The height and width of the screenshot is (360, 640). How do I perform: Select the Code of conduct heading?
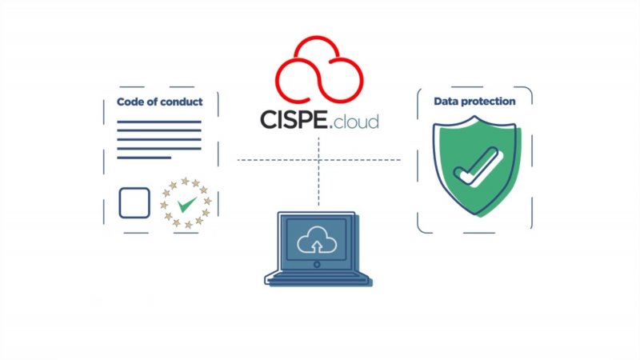coord(159,102)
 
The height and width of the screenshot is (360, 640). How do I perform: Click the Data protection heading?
coord(474,102)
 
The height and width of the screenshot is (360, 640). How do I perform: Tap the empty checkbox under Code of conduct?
coord(134,202)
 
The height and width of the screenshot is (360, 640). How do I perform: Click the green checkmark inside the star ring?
coord(187,204)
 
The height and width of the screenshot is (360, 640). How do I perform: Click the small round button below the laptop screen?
coord(317,264)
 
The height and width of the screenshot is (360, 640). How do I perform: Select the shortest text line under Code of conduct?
coord(144,157)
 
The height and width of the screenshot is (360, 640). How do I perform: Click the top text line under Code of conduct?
coord(158,122)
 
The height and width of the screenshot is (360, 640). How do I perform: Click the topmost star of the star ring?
coord(186,181)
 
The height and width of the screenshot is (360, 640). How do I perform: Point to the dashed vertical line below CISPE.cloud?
coord(318,172)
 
